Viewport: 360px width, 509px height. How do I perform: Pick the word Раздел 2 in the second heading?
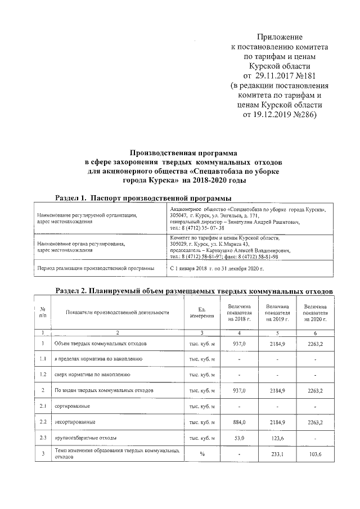(x=74, y=290)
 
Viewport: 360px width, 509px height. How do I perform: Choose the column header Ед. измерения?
(x=202, y=312)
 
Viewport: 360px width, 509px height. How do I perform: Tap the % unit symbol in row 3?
(x=202, y=454)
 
